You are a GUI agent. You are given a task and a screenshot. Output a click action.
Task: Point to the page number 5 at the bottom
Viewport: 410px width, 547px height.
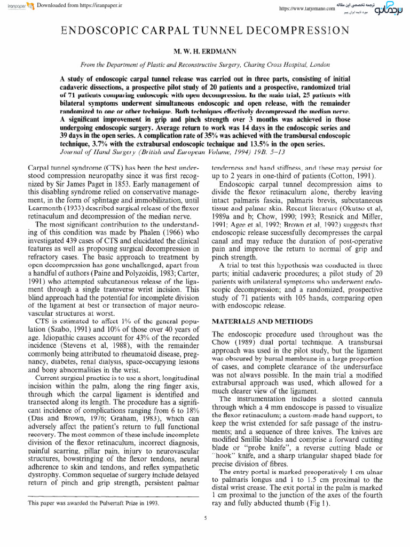[205, 518]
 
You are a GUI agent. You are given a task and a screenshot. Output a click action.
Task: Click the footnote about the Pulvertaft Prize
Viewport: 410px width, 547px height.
[88, 503]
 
